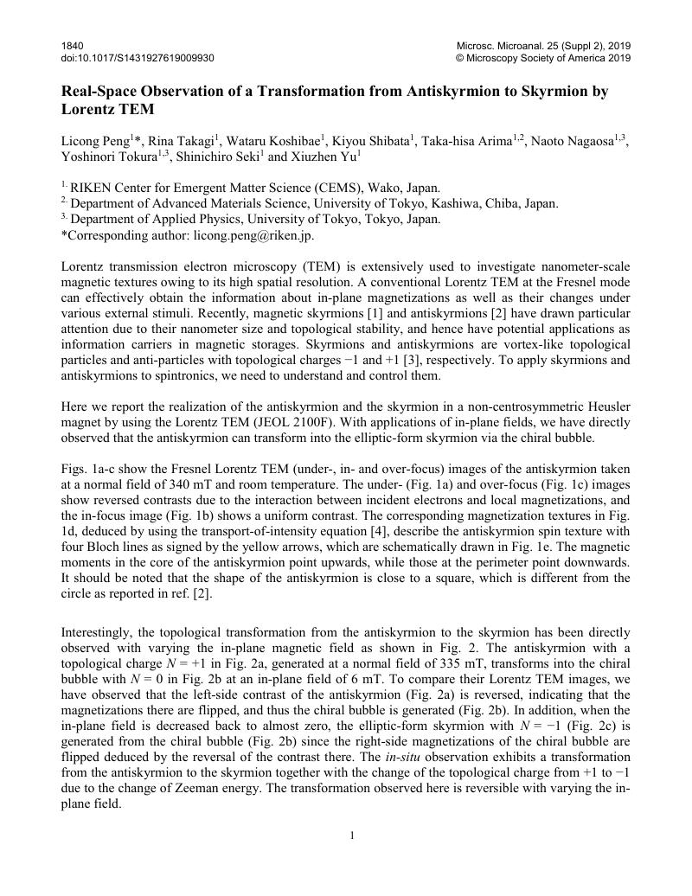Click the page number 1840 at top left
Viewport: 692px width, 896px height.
(73, 45)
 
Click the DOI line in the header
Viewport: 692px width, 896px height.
(138, 58)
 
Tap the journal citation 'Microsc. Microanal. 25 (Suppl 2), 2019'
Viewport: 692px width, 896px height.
(543, 45)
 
